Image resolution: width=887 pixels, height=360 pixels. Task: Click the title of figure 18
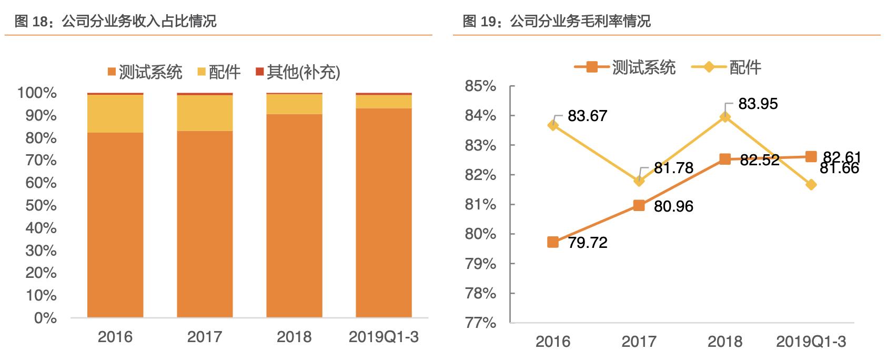(x=115, y=21)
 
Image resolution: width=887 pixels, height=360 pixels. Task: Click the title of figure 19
(x=557, y=21)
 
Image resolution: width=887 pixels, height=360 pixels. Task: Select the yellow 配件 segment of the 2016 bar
(x=115, y=113)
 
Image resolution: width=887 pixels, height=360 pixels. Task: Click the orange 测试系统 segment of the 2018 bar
(x=294, y=216)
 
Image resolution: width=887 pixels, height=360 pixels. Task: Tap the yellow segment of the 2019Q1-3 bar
(x=384, y=102)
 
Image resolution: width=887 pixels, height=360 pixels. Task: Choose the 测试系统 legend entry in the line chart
(x=625, y=67)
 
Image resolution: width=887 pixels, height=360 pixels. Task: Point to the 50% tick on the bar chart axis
(x=41, y=205)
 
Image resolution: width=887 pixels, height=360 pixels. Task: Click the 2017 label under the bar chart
(x=205, y=337)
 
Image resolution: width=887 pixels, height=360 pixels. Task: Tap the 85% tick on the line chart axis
(x=480, y=86)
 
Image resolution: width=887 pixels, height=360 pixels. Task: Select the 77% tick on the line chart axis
(x=480, y=323)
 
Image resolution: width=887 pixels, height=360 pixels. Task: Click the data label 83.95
(x=758, y=104)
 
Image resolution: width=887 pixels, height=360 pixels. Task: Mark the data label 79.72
(x=588, y=243)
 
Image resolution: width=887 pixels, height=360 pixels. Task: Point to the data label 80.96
(x=673, y=206)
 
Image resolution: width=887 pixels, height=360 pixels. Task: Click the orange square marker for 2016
(x=553, y=242)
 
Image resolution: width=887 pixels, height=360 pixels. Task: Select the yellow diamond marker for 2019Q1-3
(x=811, y=185)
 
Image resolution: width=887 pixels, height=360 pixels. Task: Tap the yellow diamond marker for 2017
(x=639, y=181)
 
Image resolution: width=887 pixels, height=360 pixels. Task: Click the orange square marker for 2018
(x=725, y=159)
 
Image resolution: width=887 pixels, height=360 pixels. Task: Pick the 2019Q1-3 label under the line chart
(x=811, y=342)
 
